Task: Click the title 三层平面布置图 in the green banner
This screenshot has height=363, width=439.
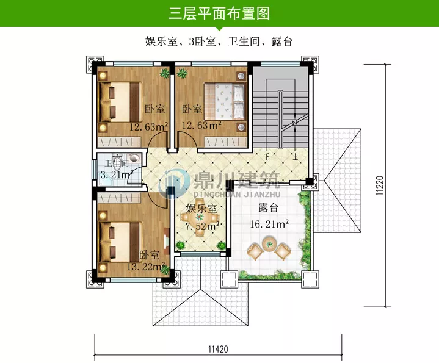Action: coord(219,13)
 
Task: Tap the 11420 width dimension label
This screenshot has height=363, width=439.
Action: coord(217,349)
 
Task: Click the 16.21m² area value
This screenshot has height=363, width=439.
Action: coord(269,225)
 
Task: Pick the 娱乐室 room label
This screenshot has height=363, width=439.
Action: coord(201,209)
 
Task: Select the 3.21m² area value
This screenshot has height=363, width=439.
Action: coord(116,175)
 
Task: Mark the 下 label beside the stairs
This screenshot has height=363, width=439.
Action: coord(267,156)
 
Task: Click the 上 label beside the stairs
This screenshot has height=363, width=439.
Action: coord(296,156)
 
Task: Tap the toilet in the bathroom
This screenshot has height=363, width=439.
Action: coord(134,157)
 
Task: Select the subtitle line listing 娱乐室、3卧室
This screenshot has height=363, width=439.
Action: coord(219,41)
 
